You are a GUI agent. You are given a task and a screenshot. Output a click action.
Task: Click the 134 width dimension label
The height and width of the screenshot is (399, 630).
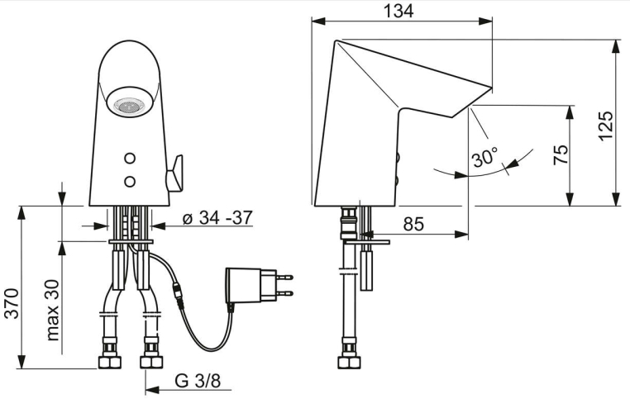[x=399, y=11]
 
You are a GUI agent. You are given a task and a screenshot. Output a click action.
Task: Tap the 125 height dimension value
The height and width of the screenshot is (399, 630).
[x=605, y=126]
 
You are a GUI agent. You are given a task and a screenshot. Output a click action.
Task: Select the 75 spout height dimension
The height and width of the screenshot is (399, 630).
[x=561, y=154]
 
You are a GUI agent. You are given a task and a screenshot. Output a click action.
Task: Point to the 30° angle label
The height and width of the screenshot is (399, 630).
[x=485, y=156]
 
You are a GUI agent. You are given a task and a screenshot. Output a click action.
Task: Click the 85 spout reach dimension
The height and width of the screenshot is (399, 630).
[x=413, y=224]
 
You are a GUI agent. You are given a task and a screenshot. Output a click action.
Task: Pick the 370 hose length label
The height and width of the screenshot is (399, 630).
[x=12, y=303]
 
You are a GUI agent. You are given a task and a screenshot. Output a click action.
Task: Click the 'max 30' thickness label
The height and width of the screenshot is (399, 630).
[x=52, y=311]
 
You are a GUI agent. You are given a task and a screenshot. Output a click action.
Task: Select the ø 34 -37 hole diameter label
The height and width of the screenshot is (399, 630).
[x=217, y=218]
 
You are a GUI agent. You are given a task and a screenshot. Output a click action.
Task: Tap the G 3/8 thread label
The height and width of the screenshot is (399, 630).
[x=198, y=381]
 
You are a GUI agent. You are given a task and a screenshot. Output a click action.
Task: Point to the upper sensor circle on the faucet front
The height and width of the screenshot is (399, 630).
[x=130, y=159]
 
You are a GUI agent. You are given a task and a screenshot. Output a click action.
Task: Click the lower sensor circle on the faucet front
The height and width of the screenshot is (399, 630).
[x=130, y=182]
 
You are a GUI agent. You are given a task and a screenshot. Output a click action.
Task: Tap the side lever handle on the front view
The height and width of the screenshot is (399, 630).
[x=174, y=173]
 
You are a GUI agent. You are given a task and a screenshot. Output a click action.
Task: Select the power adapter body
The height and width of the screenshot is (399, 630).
[x=243, y=285]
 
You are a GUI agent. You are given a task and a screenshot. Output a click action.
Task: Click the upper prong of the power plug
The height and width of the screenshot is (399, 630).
[x=284, y=277]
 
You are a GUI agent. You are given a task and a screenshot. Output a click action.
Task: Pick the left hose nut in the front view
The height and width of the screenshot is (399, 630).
[x=110, y=362]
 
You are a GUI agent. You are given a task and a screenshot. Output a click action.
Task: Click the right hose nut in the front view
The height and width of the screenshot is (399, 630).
[x=151, y=362]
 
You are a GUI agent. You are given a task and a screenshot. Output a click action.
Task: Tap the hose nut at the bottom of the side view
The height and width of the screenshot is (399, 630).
[x=349, y=362]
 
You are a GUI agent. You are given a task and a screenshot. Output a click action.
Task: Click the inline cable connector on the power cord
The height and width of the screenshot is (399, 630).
[x=179, y=297]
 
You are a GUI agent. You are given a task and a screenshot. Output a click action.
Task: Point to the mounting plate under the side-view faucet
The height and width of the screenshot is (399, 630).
[x=367, y=242]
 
